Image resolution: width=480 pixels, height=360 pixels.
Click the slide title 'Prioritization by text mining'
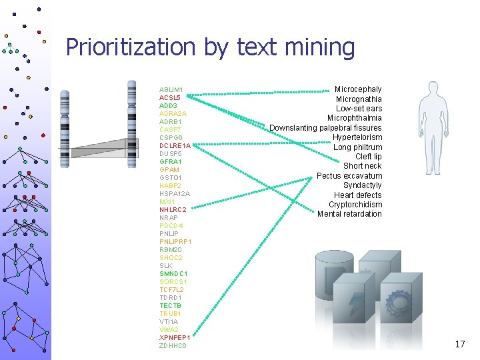click(x=210, y=47)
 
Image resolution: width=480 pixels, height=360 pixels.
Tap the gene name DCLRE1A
click(x=175, y=145)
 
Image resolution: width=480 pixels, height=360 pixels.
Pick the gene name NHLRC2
click(x=173, y=209)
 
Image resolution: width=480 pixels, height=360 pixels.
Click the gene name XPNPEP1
click(x=175, y=338)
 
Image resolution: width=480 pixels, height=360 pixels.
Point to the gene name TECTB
click(x=170, y=306)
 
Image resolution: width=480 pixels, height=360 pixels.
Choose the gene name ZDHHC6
click(x=173, y=346)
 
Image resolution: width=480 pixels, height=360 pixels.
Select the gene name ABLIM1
click(x=171, y=89)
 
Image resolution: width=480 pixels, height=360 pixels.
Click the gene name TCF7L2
click(x=171, y=290)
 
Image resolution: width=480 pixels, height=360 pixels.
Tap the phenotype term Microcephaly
click(x=358, y=89)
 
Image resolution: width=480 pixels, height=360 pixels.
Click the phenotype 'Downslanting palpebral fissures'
click(x=325, y=128)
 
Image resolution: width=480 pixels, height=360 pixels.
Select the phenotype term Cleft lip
click(x=368, y=157)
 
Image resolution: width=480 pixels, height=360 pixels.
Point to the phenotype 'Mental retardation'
click(x=349, y=214)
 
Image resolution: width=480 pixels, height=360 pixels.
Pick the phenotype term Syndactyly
click(x=362, y=185)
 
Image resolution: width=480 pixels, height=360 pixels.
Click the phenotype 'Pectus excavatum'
click(x=349, y=176)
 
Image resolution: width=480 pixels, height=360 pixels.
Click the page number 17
click(x=459, y=344)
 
